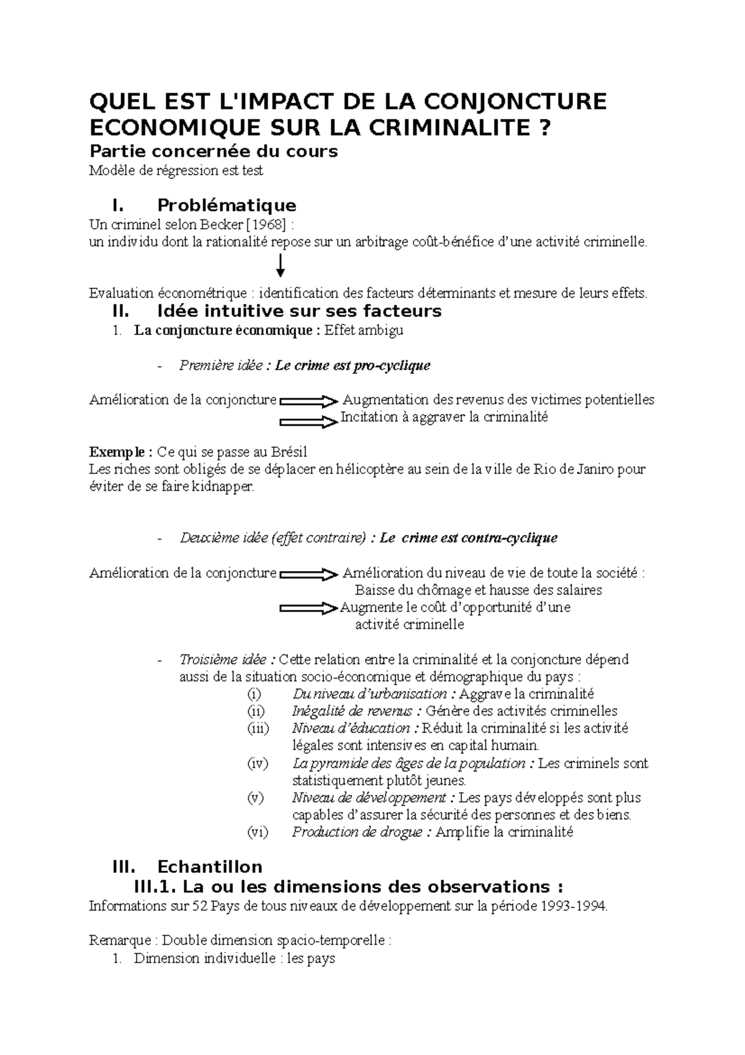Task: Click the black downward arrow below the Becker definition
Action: click(x=281, y=266)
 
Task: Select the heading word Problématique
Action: click(x=227, y=205)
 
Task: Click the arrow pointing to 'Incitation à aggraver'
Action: click(x=308, y=422)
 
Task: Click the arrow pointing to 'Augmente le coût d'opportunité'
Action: click(x=308, y=609)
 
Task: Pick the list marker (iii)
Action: click(x=258, y=728)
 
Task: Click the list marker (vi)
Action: click(x=258, y=833)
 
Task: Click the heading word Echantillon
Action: click(x=210, y=867)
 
